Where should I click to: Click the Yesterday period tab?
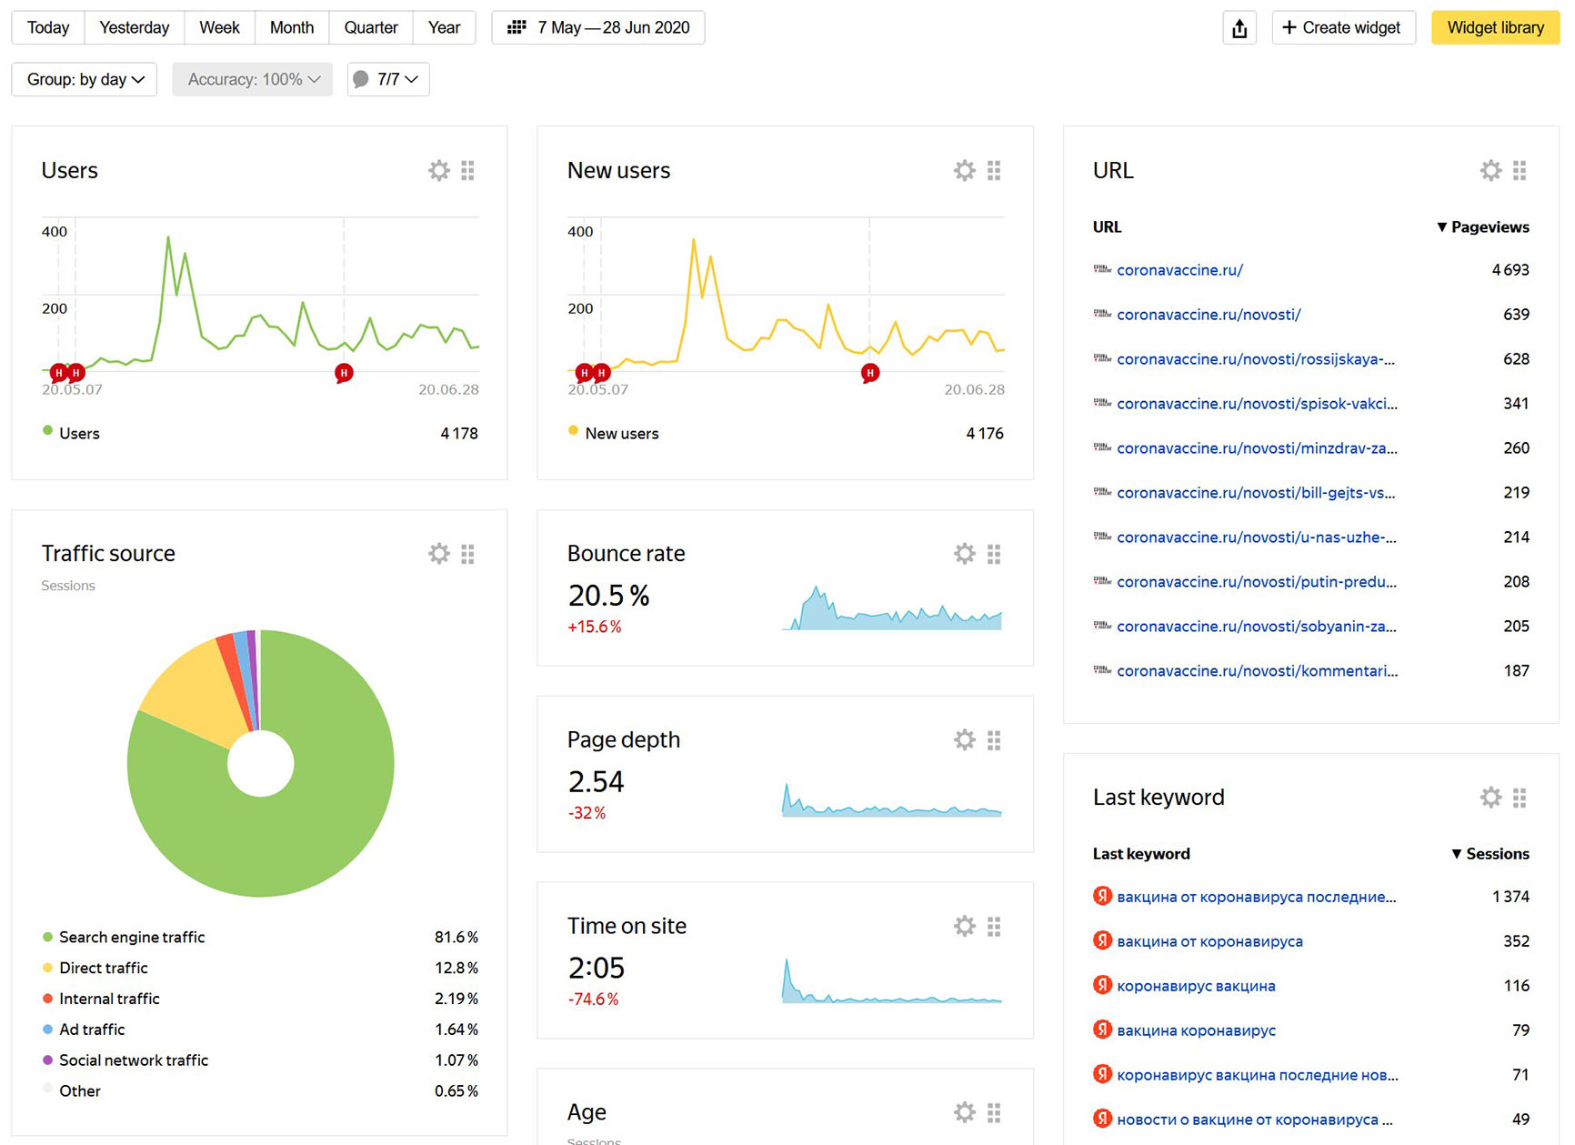134,27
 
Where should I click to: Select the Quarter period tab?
370,27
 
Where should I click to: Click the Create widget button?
1342,27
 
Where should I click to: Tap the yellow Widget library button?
1495,27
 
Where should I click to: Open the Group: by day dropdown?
84,79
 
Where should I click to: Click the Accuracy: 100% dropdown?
252,79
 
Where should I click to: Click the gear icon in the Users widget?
439,170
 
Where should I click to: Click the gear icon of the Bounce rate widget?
964,553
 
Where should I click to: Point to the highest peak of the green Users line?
168,237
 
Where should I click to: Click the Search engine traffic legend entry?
132,937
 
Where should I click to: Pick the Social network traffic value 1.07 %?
456,1060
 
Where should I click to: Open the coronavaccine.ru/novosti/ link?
1209,315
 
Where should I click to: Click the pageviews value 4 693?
1510,270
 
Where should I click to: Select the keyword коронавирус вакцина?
1196,986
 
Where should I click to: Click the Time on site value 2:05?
597,968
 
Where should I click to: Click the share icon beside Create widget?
1239,28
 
